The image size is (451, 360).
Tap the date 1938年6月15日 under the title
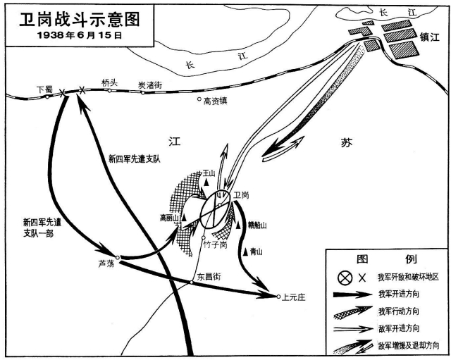click(x=80, y=35)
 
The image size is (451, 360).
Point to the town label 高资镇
click(x=216, y=101)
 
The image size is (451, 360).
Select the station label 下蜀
click(x=45, y=89)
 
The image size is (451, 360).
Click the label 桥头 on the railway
click(x=109, y=83)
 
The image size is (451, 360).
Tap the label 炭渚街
click(x=150, y=85)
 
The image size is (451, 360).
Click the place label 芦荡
click(x=106, y=263)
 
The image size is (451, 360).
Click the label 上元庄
click(x=293, y=297)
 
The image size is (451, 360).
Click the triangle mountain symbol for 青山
click(x=245, y=252)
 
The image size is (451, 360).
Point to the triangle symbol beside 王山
click(x=206, y=182)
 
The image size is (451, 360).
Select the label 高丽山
click(x=169, y=218)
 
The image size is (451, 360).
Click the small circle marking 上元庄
click(x=278, y=297)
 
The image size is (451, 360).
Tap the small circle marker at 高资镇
click(x=199, y=99)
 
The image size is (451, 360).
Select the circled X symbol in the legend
click(x=345, y=278)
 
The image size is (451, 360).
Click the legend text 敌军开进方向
click(x=399, y=328)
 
